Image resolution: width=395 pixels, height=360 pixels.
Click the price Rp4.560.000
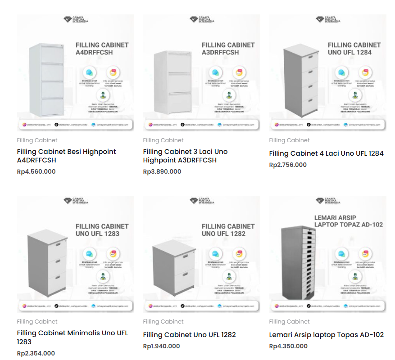click(x=36, y=171)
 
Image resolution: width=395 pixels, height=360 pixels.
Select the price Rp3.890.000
click(x=162, y=171)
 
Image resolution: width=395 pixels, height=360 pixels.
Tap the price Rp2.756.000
click(x=288, y=165)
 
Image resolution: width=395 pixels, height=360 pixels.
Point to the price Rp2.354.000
click(x=36, y=353)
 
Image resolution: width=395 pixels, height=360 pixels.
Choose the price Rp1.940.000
click(x=161, y=346)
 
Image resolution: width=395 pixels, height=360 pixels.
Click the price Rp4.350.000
click(x=288, y=346)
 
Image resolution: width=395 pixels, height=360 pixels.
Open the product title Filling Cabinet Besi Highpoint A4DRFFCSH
click(x=66, y=156)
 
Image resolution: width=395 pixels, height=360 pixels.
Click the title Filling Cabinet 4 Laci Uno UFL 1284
click(x=326, y=153)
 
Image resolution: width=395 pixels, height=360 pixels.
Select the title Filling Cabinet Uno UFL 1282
click(x=189, y=335)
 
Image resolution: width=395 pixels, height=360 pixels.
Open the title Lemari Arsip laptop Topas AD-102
click(x=326, y=335)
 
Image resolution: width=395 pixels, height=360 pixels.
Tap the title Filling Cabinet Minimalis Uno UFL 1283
click(x=72, y=337)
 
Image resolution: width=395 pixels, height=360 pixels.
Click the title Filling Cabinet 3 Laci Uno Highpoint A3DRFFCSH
click(x=185, y=156)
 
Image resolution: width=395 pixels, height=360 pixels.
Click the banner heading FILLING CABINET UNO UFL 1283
click(x=102, y=230)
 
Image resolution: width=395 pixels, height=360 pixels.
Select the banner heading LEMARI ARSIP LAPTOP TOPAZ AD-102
click(x=348, y=221)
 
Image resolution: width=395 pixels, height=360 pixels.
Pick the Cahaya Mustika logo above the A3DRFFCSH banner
click(x=201, y=20)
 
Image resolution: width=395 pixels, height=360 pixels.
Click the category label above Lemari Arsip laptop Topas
click(x=289, y=321)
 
